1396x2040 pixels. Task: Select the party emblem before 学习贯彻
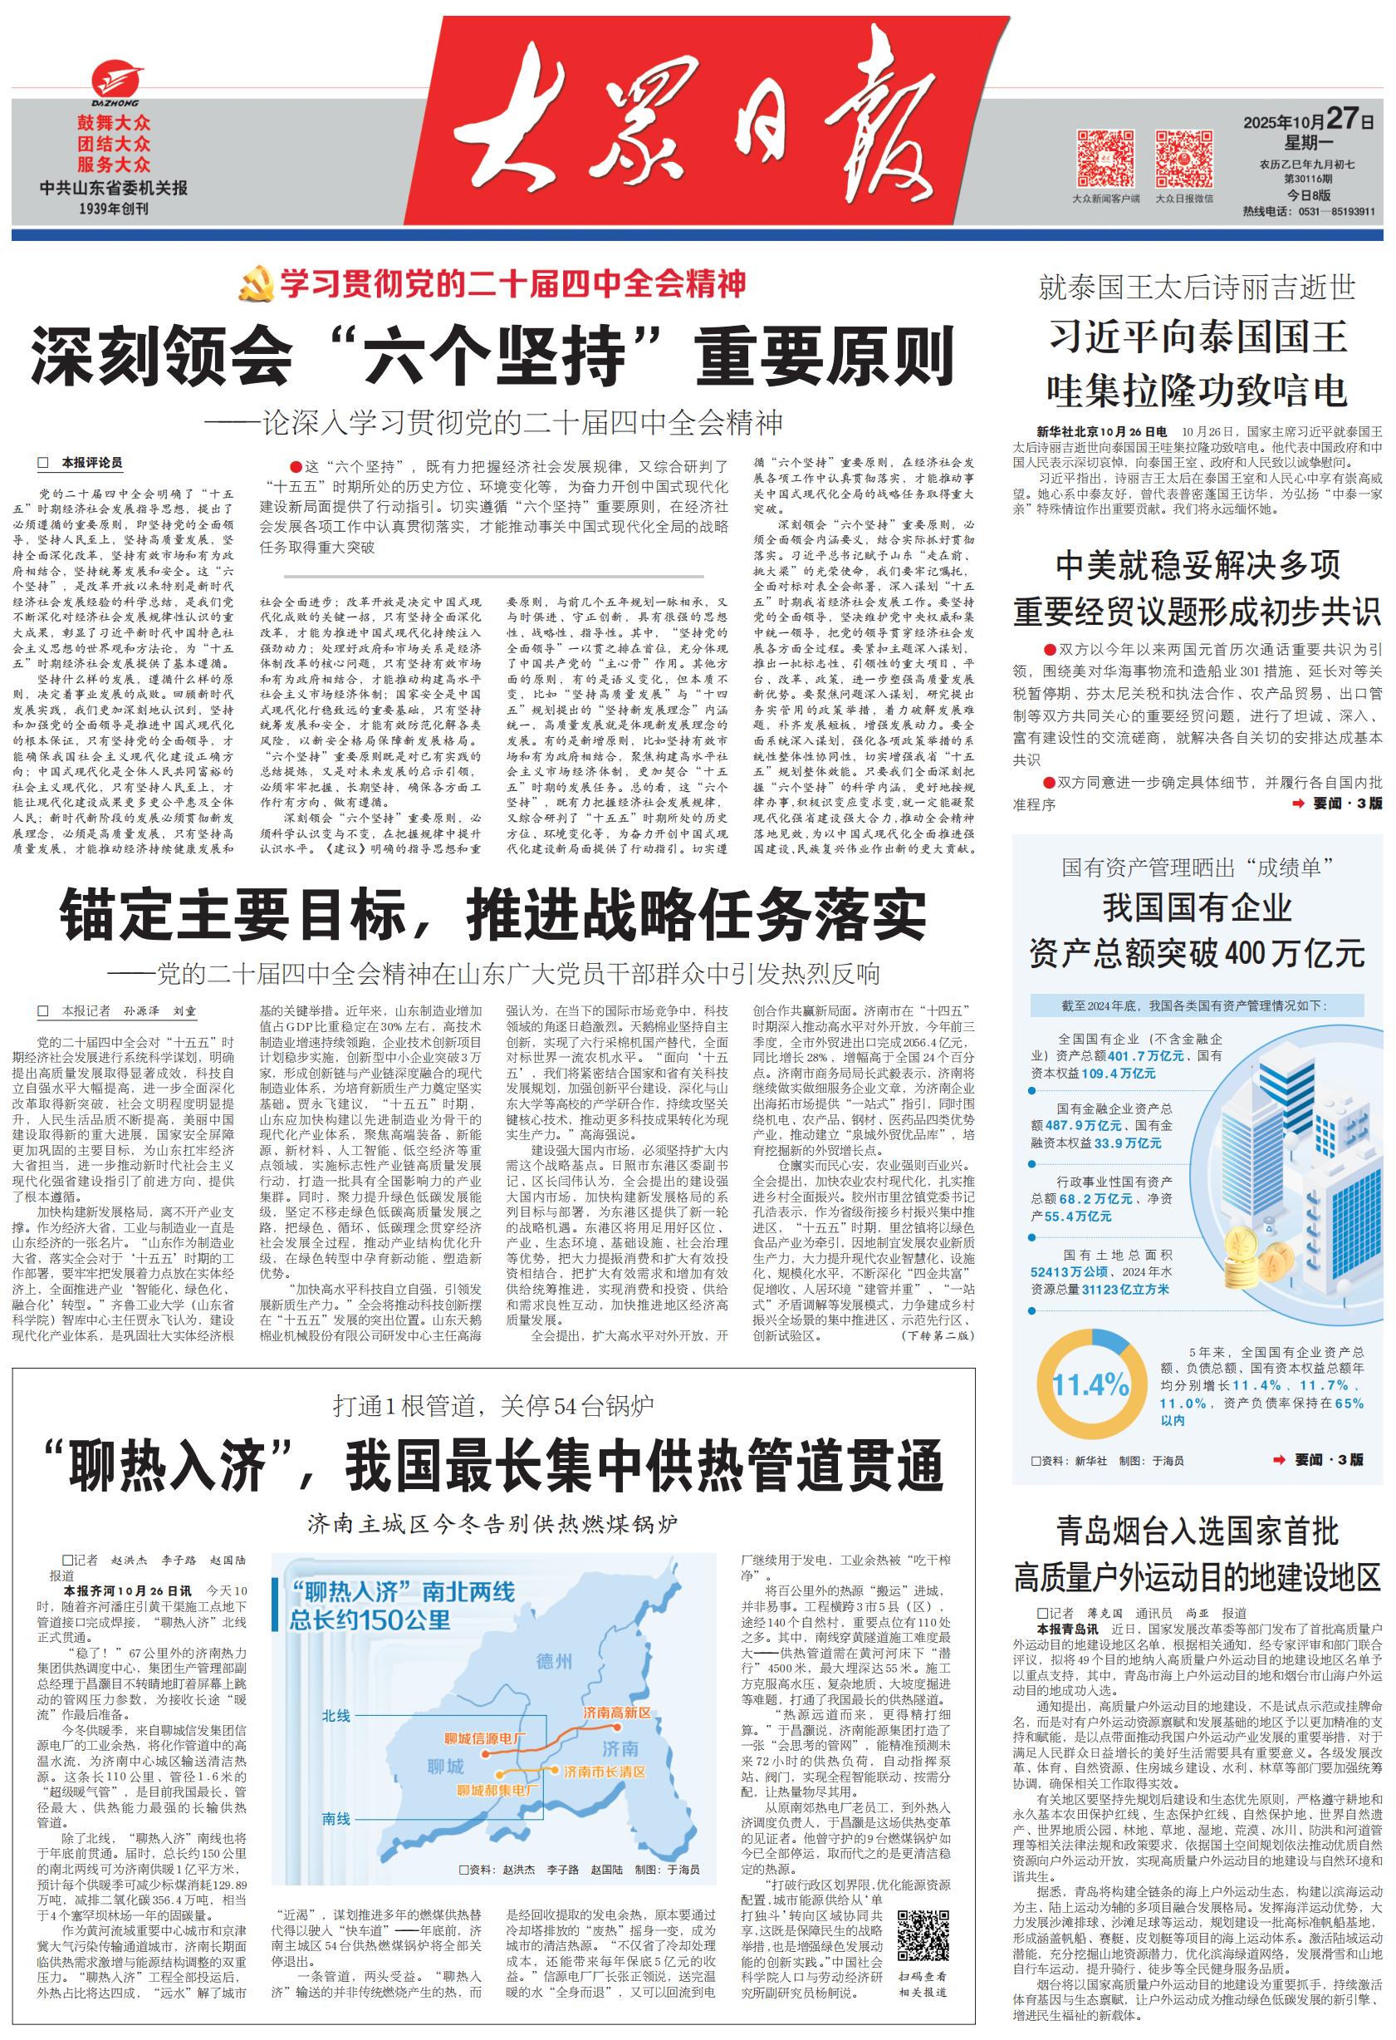tap(257, 285)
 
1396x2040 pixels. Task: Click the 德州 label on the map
tap(554, 1662)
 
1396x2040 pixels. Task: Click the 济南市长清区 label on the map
tap(605, 1772)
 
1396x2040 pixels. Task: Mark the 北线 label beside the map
tap(336, 1716)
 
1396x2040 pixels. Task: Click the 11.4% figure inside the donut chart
tap(1090, 1386)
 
